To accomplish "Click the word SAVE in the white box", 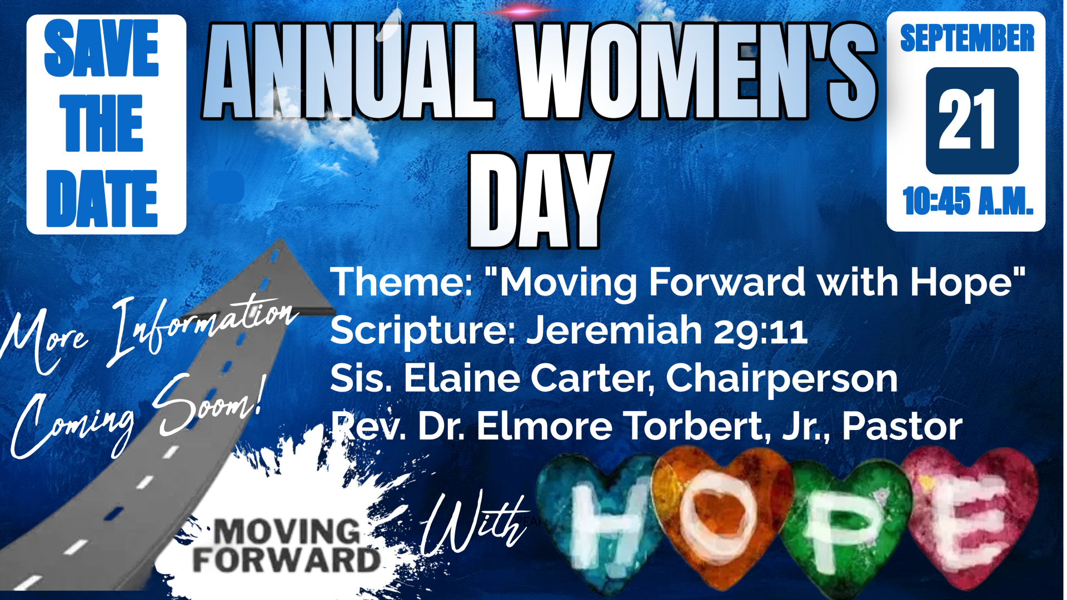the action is point(102,48).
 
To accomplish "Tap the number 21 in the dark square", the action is point(967,119).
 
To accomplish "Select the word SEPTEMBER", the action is point(967,38).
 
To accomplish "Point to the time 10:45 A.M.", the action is point(968,201).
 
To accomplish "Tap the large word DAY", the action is point(540,200).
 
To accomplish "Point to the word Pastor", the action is point(903,427).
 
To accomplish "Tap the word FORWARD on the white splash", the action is point(286,560).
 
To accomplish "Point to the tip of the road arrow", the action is point(281,239).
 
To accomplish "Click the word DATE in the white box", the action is point(102,198).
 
